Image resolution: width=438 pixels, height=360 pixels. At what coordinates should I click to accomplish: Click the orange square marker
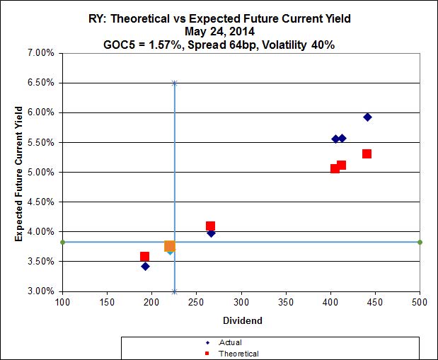(170, 246)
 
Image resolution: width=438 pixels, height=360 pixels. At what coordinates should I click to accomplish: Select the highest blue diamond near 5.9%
(368, 117)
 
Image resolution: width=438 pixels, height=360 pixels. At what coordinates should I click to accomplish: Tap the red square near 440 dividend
(367, 153)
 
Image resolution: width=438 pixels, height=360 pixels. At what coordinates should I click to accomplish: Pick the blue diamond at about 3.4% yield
(145, 267)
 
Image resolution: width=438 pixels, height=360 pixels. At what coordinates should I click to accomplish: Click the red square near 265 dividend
(210, 226)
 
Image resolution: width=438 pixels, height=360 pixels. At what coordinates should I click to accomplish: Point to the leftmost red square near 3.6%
(144, 257)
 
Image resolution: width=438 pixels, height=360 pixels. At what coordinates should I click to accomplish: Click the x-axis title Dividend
(243, 320)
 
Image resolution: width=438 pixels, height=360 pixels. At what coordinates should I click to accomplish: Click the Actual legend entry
(229, 342)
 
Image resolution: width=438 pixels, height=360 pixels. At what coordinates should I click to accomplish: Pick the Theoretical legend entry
(238, 353)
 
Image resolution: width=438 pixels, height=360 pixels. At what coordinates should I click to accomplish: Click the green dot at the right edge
(420, 242)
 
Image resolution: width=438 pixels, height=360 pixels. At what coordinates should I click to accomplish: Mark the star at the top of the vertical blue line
(174, 83)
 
